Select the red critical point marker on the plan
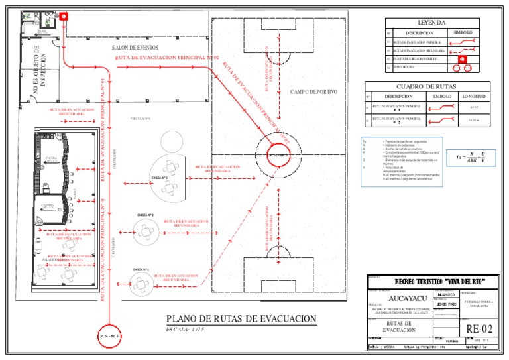tap(64, 17)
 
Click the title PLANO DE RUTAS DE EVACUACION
tap(241, 319)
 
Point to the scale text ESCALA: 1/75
tap(185, 330)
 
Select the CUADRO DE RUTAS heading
tap(427, 86)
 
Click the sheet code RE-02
tap(480, 329)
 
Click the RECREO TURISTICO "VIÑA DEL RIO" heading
tap(431, 282)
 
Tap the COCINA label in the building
tap(50, 158)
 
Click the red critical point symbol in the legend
tap(463, 58)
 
